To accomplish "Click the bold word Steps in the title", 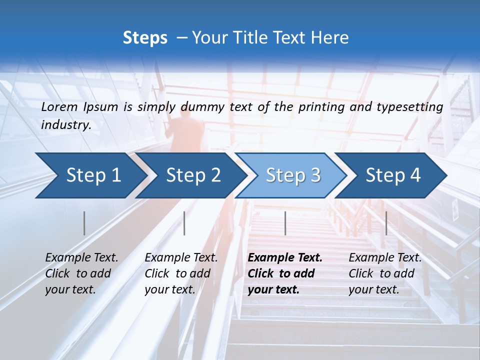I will [x=145, y=38].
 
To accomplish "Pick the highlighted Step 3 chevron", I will [x=293, y=175].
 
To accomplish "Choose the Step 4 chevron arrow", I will [x=393, y=175].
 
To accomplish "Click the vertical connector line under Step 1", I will [x=84, y=223].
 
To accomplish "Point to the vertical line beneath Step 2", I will [x=184, y=223].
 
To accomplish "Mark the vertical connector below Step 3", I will [x=285, y=223].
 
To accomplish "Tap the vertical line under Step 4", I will [x=386, y=223].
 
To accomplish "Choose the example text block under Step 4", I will [x=385, y=273].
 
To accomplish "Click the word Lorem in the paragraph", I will [x=60, y=106].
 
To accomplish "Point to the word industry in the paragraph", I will [x=66, y=125].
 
